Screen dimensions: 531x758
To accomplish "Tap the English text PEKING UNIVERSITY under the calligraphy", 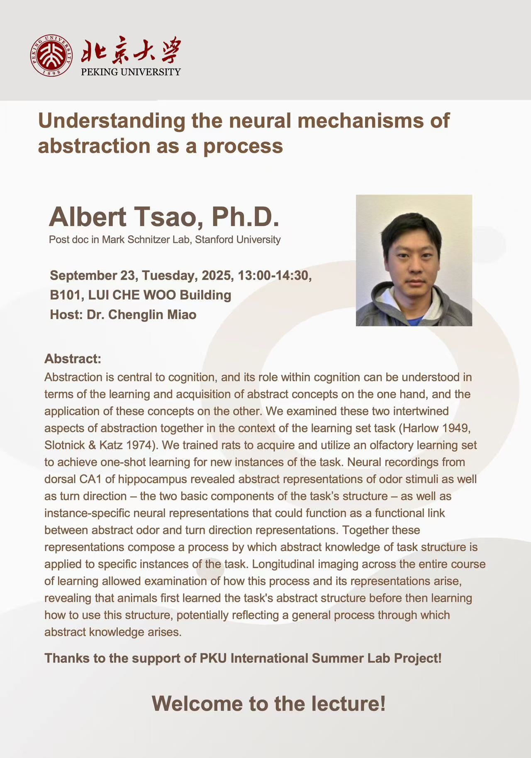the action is (x=131, y=72).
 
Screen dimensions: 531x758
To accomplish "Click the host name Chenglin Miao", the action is (x=152, y=314).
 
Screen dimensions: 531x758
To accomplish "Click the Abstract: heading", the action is (x=73, y=358).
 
